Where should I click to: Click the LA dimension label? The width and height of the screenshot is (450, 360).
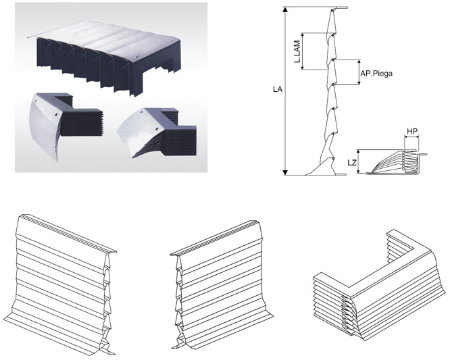click(x=277, y=88)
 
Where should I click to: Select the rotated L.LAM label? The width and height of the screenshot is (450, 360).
click(x=297, y=51)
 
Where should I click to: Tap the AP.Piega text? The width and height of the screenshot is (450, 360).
click(x=376, y=72)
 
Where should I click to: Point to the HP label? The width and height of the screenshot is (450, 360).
click(x=411, y=131)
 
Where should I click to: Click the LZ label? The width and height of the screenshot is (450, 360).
click(x=350, y=162)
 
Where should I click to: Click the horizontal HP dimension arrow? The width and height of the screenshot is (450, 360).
click(x=411, y=138)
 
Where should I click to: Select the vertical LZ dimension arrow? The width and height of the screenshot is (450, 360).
click(x=360, y=162)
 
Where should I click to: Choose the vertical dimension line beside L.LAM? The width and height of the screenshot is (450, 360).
click(x=304, y=51)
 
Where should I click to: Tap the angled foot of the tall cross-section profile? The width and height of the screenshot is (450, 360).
click(x=318, y=168)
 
